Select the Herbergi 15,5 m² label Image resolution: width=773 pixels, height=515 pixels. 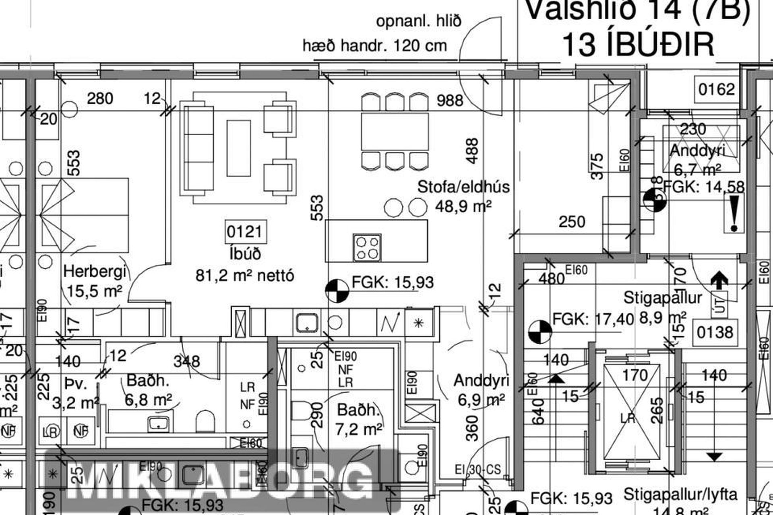click(95, 281)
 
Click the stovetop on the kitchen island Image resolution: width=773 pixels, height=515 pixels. click(367, 247)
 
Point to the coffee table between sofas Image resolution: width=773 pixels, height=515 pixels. click(238, 148)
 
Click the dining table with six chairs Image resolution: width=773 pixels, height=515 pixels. click(395, 132)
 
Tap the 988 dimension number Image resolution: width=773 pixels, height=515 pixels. click(450, 100)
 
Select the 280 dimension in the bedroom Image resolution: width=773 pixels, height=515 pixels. click(100, 99)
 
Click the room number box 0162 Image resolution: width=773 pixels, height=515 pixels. click(717, 89)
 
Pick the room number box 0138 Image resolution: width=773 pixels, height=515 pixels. click(715, 332)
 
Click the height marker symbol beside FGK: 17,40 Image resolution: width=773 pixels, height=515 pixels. click(539, 332)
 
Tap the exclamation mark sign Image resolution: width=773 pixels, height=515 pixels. click(734, 213)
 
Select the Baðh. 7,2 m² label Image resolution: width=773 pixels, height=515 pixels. click(358, 420)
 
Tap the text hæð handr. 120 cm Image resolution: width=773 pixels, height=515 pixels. click(374, 46)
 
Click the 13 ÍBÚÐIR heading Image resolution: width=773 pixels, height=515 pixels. click(638, 44)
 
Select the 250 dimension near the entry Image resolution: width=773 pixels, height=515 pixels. click(572, 222)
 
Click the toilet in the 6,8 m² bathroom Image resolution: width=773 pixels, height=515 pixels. click(205, 421)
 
